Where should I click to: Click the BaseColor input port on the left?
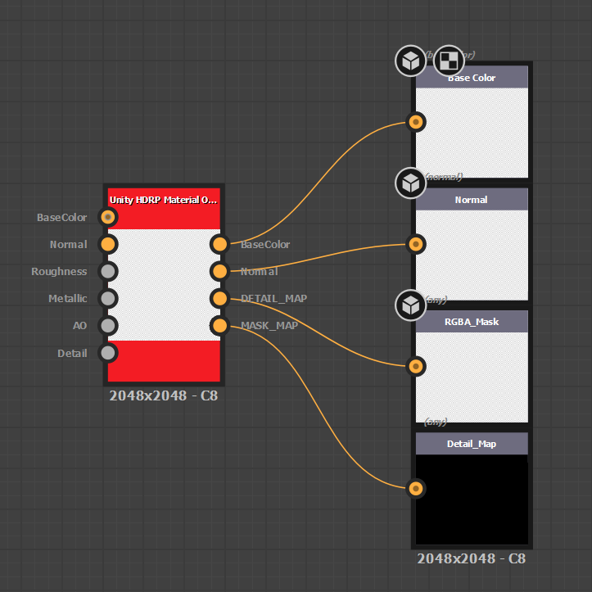[107, 217]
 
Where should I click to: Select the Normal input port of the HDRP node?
[107, 244]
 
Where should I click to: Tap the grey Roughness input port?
[107, 271]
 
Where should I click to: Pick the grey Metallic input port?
[107, 298]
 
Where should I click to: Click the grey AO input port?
[107, 325]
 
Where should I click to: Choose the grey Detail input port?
[107, 352]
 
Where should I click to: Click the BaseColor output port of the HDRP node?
[219, 244]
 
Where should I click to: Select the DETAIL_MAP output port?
[219, 298]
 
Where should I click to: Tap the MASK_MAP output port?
[219, 325]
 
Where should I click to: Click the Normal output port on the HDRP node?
[219, 271]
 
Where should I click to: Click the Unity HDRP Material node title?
[164, 199]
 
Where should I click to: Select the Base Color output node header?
[472, 78]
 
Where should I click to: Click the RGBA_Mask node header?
[472, 322]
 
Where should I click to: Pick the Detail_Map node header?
[472, 444]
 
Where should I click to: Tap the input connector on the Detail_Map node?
[416, 489]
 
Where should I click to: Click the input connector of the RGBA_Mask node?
[416, 366]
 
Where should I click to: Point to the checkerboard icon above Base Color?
[449, 60]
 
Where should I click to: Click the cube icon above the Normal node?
[410, 183]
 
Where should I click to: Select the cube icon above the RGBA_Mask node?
[410, 305]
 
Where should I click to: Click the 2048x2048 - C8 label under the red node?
[164, 396]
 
